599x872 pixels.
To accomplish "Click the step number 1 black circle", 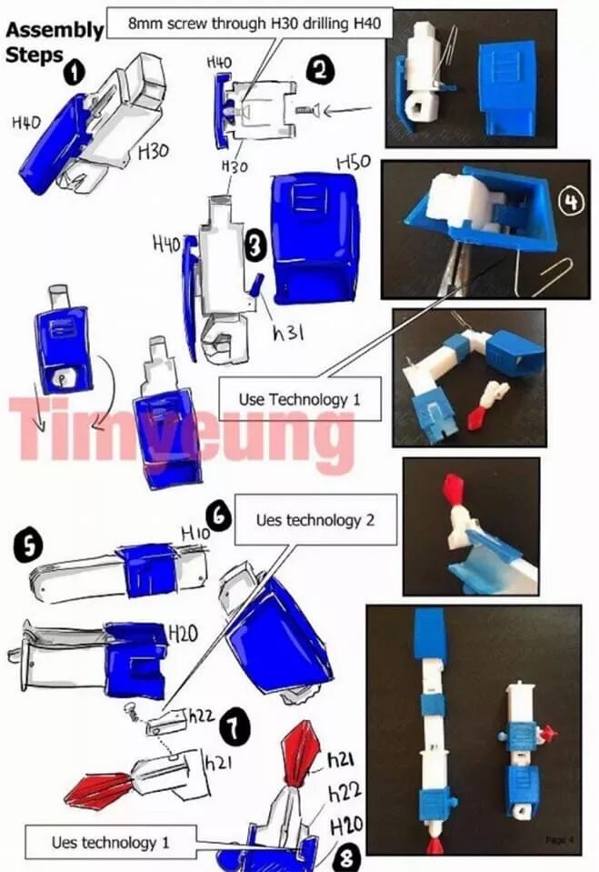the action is (x=74, y=73).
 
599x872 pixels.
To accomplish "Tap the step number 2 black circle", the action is (x=320, y=71).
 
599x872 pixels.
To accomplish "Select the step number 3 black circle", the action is (x=255, y=246).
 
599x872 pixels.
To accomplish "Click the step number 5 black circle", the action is (x=27, y=544).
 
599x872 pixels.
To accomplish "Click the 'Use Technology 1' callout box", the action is (x=300, y=399).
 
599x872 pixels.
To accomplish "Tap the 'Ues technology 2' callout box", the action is (x=316, y=520).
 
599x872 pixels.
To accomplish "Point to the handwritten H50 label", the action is (x=354, y=163).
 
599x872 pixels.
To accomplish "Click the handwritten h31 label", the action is (x=288, y=332).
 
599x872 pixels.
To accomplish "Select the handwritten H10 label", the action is (x=195, y=534).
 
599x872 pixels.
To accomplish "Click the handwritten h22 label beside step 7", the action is (x=201, y=716).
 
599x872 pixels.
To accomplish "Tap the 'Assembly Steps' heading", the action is (x=54, y=42).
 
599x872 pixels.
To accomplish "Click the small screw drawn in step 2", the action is (x=304, y=111).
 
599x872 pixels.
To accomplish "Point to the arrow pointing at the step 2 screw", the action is (x=347, y=110).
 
